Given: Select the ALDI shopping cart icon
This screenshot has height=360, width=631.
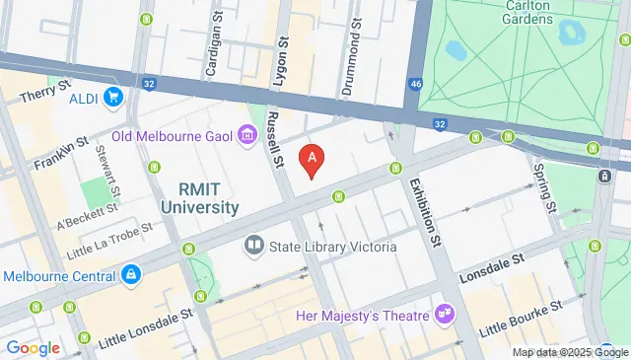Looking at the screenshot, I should point(114,97).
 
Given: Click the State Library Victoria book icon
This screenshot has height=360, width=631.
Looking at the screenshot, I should point(254,246).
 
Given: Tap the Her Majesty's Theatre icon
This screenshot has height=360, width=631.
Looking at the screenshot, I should point(446,315).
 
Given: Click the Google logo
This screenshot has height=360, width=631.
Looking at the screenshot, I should point(33,347).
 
